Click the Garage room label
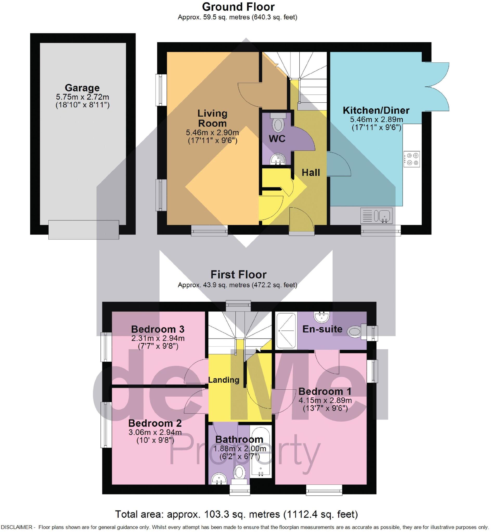click(x=82, y=88)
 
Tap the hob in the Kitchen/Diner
click(x=412, y=159)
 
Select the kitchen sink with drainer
click(x=376, y=215)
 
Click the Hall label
click(x=311, y=173)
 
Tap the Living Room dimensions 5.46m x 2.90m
click(x=212, y=132)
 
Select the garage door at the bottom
click(x=83, y=230)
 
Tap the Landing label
click(x=224, y=380)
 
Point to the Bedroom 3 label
click(x=158, y=329)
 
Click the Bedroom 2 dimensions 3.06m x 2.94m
click(x=155, y=432)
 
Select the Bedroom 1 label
click(x=325, y=391)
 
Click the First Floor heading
click(x=238, y=275)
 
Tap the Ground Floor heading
click(x=238, y=7)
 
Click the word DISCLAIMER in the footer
click(x=16, y=528)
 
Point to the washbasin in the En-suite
click(x=322, y=316)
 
